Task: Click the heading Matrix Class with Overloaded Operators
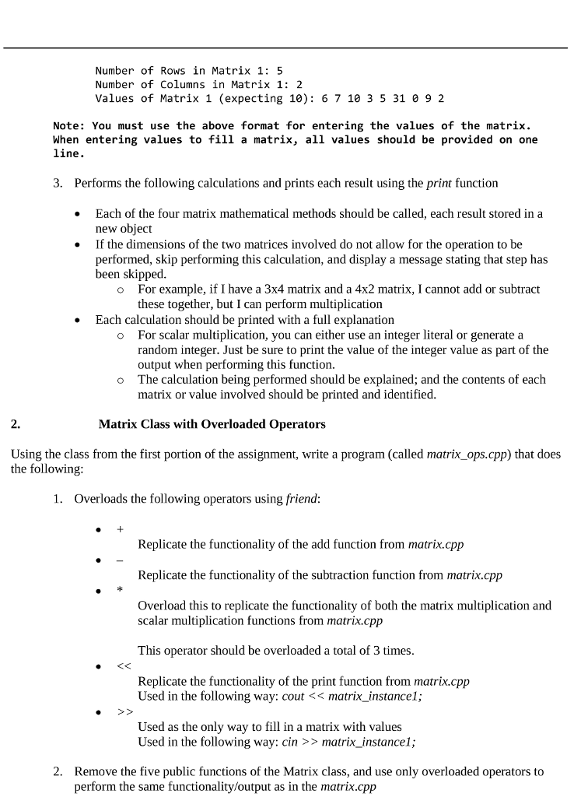tap(212, 424)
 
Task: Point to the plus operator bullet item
tap(121, 528)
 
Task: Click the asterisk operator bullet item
tap(121, 590)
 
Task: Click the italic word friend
tap(303, 499)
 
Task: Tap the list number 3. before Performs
tap(59, 184)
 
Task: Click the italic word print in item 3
tap(439, 184)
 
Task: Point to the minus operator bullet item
tap(121, 560)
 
